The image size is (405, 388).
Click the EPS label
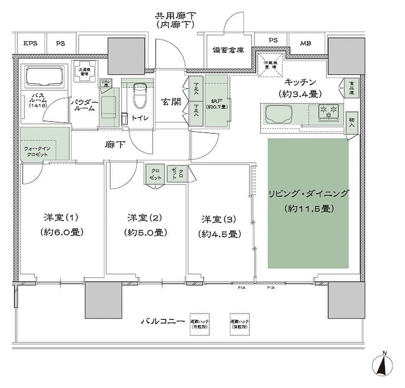click(x=30, y=44)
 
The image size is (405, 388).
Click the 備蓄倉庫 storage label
click(x=228, y=50)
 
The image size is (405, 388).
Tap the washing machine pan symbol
click(x=84, y=71)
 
